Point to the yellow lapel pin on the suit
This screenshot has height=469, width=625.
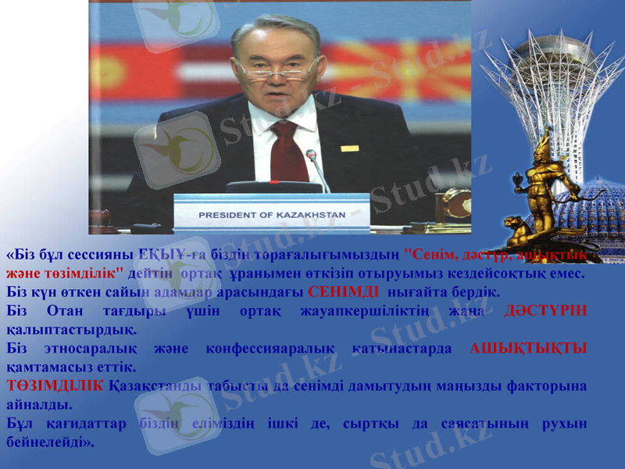point(349,148)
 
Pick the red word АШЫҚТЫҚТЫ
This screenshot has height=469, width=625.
point(528,349)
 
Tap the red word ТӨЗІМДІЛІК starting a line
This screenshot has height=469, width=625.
point(55,386)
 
